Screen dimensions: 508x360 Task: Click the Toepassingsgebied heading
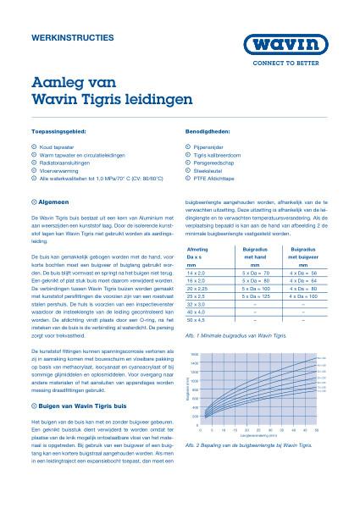(x=58, y=134)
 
